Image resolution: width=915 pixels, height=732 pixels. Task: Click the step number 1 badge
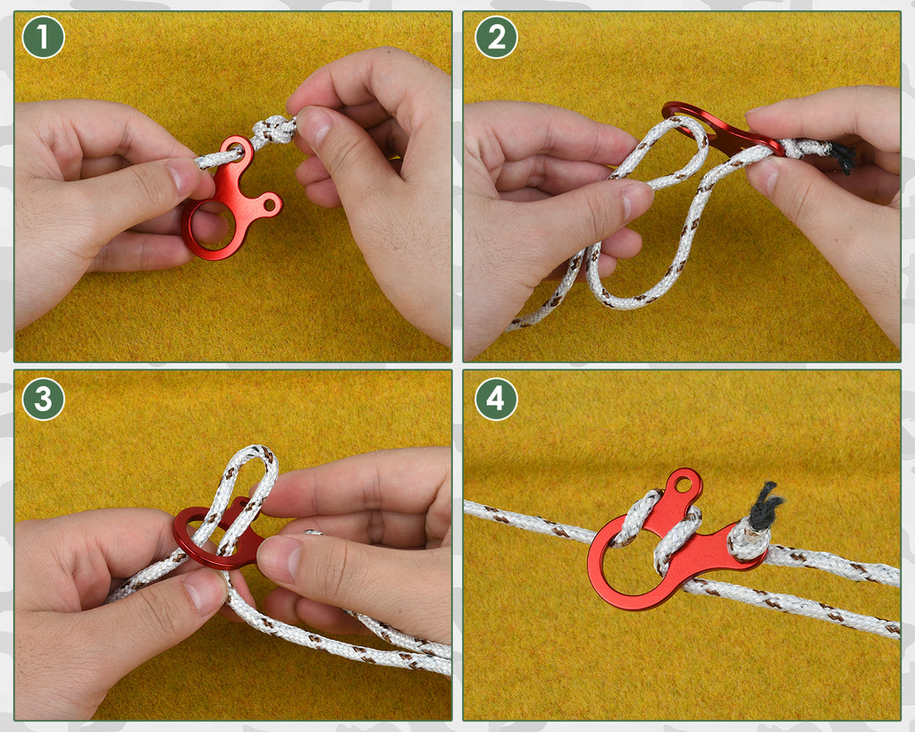(43, 38)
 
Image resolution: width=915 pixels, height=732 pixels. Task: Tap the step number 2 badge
(496, 38)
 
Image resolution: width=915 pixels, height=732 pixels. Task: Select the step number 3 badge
(43, 399)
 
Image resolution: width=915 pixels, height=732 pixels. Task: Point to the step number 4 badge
(496, 399)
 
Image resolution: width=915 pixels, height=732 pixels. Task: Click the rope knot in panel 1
(273, 131)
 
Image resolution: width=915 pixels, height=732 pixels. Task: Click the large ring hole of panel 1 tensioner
(212, 223)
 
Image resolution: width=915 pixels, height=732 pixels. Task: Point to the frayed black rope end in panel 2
(843, 157)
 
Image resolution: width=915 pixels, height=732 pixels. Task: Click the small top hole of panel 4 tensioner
(684, 485)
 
